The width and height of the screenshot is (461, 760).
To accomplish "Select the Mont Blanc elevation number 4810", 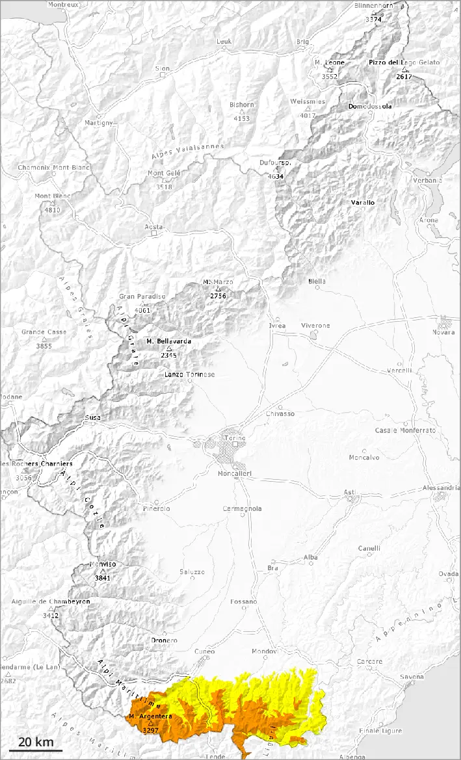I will coord(52,210).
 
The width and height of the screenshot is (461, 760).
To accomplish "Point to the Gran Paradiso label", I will coord(142,296).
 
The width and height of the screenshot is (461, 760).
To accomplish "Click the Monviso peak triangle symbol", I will coord(102,571).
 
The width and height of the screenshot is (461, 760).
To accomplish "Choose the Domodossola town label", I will coord(370,106).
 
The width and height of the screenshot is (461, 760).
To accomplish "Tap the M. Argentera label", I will coord(150,716).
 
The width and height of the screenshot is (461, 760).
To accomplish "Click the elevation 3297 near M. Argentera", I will coord(150,730).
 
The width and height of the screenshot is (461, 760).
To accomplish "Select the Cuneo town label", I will coord(204,651).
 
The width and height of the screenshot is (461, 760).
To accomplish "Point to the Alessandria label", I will coord(441,487).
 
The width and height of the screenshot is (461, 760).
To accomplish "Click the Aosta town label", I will coord(153,227).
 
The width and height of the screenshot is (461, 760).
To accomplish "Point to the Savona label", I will coord(412,677).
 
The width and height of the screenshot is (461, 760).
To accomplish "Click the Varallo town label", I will coord(363,203).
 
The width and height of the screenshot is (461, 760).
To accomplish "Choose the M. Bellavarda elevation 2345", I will coord(168,355).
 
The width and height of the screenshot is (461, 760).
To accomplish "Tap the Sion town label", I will coord(162,68).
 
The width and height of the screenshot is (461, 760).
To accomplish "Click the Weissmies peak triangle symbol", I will coord(308,108).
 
